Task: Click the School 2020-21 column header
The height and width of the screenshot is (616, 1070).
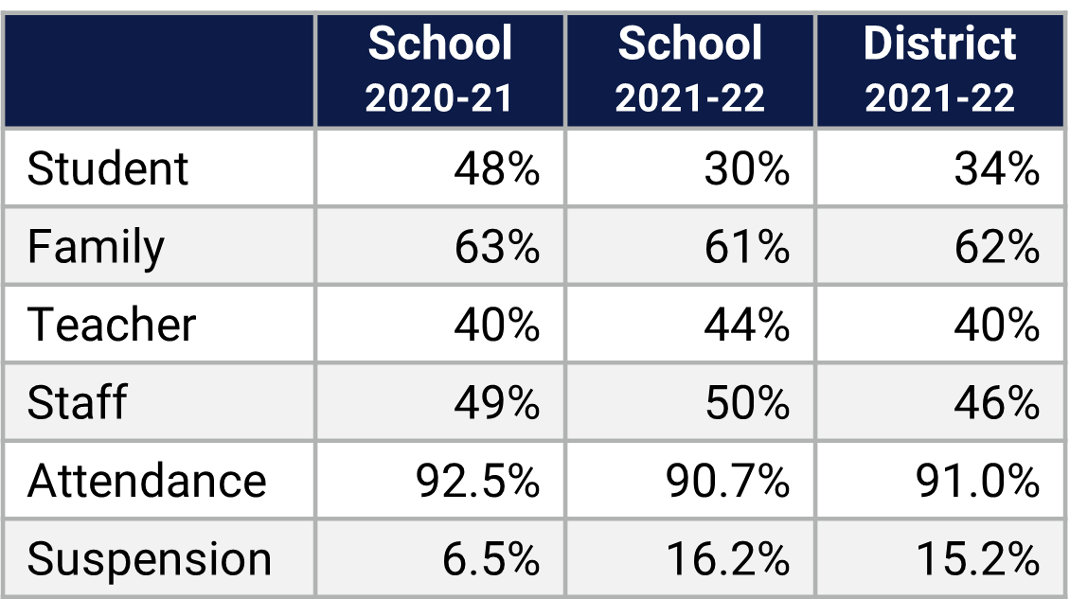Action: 439,71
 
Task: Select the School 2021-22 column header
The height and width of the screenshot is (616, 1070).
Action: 689,71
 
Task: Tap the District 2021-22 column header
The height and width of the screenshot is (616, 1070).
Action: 939,71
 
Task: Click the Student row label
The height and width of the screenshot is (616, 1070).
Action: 108,169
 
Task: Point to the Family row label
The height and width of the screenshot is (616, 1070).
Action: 96,248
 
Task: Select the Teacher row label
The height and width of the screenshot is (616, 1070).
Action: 112,326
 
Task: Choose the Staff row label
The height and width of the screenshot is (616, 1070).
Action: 77,403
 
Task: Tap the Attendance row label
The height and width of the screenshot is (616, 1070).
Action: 147,481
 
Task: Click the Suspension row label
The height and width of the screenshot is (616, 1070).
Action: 150,559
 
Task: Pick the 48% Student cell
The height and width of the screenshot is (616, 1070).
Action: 496,169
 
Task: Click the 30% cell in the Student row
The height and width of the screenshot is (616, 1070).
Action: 746,169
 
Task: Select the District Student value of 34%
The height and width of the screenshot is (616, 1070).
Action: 996,169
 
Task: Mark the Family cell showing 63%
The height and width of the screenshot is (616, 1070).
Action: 496,248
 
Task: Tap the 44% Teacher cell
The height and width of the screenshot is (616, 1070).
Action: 746,326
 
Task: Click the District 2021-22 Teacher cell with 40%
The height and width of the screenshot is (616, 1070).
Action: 996,326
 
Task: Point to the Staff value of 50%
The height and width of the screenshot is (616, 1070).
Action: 746,403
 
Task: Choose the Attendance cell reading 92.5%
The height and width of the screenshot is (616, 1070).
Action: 477,481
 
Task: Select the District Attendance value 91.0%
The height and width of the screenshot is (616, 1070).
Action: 977,481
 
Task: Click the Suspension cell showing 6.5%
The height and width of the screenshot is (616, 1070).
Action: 490,559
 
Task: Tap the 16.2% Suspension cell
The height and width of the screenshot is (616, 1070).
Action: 727,559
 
